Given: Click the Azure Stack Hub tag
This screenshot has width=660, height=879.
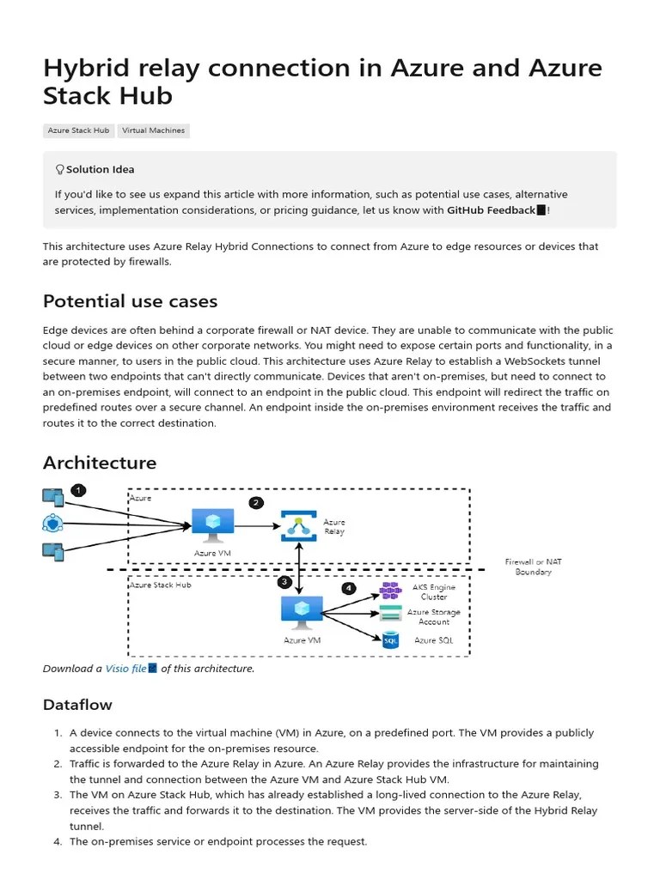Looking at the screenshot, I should [x=78, y=130].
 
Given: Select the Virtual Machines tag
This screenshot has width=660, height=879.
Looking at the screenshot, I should [x=152, y=130].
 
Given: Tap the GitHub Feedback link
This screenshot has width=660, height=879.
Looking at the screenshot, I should [x=491, y=210].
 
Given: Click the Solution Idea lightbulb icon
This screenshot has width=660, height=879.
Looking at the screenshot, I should [x=59, y=170].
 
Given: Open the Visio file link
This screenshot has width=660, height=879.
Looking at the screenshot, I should [x=125, y=669].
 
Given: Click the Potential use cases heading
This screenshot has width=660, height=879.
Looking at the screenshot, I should [x=130, y=301].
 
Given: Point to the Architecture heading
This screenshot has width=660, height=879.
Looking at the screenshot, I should [x=100, y=463].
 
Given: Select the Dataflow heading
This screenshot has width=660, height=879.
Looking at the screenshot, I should [x=77, y=705].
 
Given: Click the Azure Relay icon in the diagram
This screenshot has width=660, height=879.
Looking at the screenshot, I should [x=298, y=525].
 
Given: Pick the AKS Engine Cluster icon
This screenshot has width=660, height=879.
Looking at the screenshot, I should [x=391, y=591].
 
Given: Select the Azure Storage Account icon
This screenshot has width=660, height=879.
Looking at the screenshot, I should [x=391, y=614].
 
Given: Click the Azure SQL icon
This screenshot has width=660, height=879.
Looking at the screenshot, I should [x=391, y=640].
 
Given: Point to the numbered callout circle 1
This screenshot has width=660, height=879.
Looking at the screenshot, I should [x=78, y=490].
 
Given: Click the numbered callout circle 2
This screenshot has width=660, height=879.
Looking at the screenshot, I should [x=255, y=502].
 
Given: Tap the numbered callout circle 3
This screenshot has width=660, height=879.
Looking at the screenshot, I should [x=284, y=581].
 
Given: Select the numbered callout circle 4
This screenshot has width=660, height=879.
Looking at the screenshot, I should [x=348, y=588].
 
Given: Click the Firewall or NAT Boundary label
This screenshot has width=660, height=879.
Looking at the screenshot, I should [x=533, y=567].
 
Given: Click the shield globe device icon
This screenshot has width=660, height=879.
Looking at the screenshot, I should [x=52, y=523].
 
